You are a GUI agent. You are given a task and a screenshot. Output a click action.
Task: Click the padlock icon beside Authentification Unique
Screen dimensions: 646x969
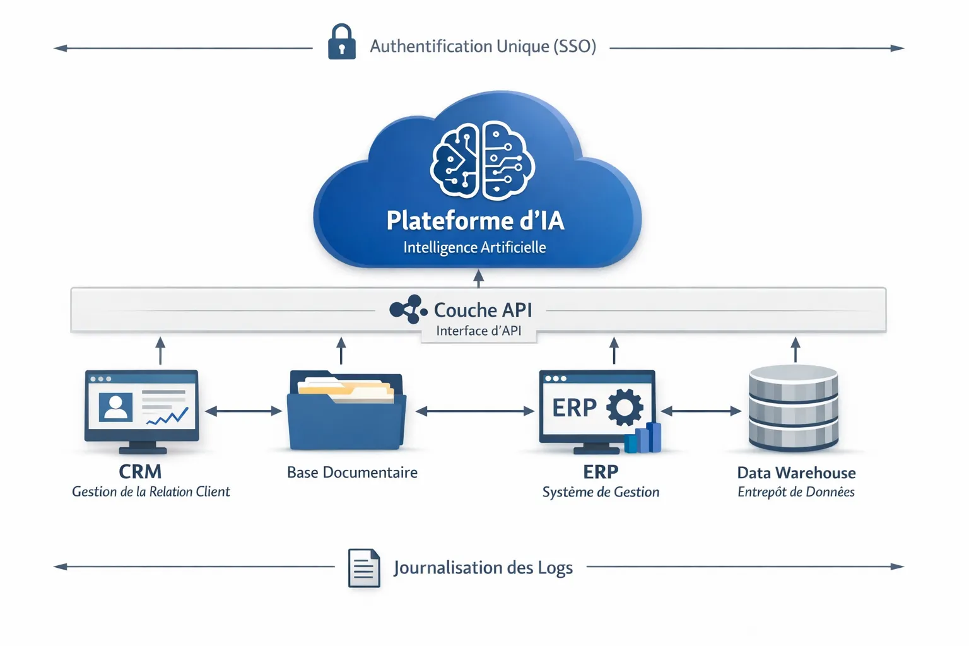[341, 42]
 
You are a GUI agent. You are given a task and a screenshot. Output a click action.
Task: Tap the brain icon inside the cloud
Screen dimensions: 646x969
[483, 160]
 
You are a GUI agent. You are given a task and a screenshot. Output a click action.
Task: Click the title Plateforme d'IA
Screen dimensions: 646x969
[475, 221]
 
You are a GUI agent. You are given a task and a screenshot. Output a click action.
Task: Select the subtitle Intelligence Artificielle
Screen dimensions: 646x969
[474, 247]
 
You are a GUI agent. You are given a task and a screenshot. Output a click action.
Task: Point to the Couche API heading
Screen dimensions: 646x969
[483, 310]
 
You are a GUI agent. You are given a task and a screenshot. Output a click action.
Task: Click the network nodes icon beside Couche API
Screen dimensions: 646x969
[408, 309]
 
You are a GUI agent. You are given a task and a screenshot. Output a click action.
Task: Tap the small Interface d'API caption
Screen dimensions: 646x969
[478, 331]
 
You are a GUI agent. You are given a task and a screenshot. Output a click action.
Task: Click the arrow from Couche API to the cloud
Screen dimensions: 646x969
[478, 278]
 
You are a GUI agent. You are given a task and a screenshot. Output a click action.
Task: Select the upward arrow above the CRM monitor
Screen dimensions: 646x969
[160, 350]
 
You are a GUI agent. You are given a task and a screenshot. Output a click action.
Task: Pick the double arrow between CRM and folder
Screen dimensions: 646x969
[243, 411]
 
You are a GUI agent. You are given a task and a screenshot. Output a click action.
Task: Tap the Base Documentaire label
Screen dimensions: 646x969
[352, 473]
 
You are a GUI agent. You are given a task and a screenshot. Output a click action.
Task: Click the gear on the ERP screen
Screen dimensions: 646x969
[625, 407]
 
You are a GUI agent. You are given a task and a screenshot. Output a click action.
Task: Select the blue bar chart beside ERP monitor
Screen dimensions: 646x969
[643, 438]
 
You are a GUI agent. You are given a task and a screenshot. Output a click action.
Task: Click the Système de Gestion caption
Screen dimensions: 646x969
[601, 492]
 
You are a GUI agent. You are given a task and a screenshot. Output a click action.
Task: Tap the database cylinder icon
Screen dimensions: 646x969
[793, 408]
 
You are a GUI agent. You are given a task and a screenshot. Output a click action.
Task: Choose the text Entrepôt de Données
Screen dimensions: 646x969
[796, 492]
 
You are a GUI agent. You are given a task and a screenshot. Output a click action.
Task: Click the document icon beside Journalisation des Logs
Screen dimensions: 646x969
[364, 568]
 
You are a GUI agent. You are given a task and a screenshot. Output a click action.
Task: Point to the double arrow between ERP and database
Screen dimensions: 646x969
[700, 411]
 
